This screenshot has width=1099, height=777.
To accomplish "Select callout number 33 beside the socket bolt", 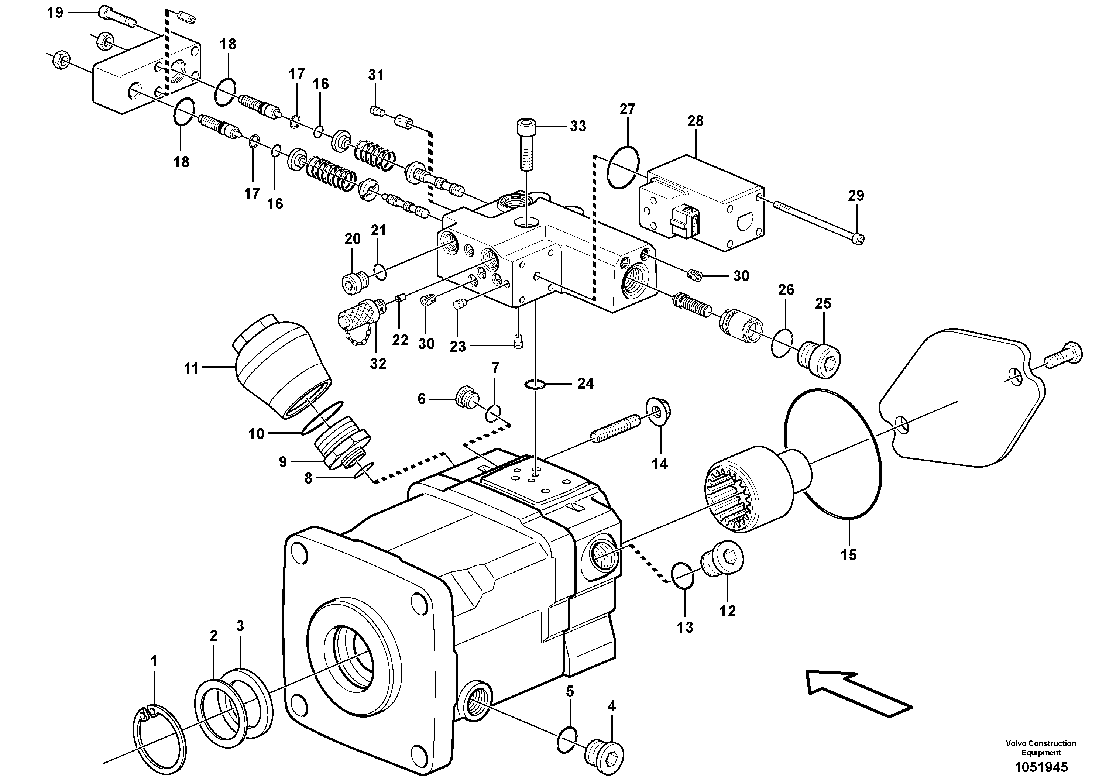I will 578,126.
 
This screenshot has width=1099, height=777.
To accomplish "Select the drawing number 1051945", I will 1041,767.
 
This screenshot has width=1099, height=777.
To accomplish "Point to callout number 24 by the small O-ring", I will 585,384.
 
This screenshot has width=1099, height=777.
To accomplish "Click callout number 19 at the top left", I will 55,13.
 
